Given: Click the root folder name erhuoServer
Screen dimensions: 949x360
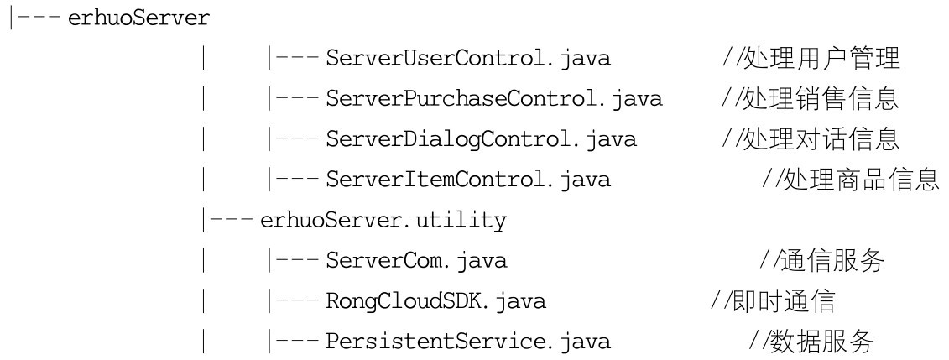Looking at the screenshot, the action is (138, 19).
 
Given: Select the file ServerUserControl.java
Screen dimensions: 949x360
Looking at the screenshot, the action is (468, 60).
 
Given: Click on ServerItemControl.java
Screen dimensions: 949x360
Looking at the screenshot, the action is (468, 180).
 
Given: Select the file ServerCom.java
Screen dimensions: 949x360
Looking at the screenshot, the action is (416, 261).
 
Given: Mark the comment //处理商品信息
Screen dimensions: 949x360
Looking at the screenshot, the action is (850, 180).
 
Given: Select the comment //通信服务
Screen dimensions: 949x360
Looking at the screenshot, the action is (823, 261).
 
